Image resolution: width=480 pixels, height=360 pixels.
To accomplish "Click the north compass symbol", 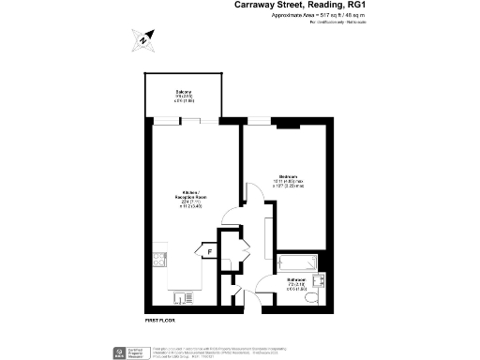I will coord(141,39).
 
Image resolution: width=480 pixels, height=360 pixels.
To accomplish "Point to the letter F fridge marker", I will coord(210,250).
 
